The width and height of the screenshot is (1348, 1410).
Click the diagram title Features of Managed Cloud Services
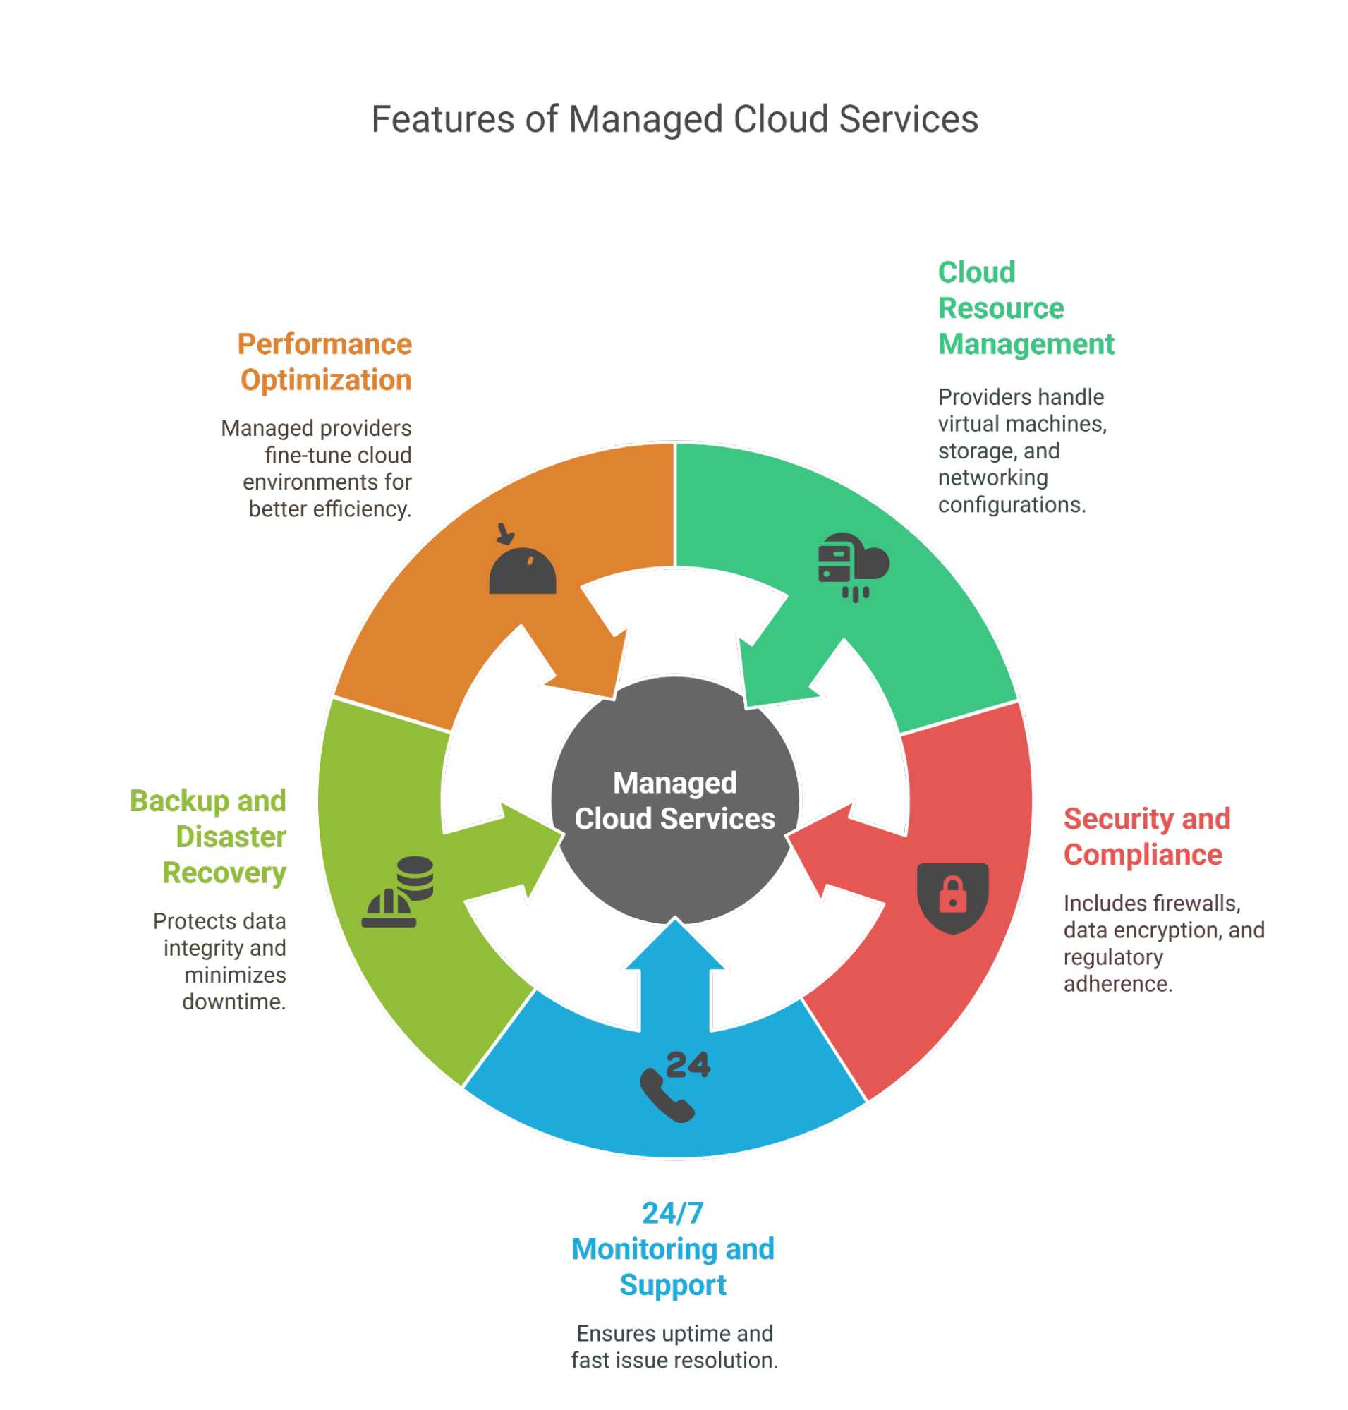pyautogui.click(x=674, y=119)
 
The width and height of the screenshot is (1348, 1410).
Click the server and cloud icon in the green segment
pyautogui.click(x=853, y=566)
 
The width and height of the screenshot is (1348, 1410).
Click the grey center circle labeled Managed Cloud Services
pyautogui.click(x=674, y=800)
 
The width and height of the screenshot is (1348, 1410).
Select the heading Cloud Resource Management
pyautogui.click(x=1026, y=308)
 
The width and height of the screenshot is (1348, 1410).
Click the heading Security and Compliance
pyautogui.click(x=1146, y=836)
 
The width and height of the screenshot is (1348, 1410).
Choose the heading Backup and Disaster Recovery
pyautogui.click(x=208, y=836)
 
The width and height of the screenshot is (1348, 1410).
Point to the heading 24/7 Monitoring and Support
pyautogui.click(x=672, y=1248)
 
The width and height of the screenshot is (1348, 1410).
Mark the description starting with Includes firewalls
pyautogui.click(x=1162, y=942)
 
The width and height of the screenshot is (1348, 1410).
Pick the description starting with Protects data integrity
pyautogui.click(x=220, y=960)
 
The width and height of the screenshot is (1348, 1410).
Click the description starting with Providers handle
pyautogui.click(x=1022, y=451)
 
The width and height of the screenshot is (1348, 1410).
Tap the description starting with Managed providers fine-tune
pyautogui.click(x=316, y=468)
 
